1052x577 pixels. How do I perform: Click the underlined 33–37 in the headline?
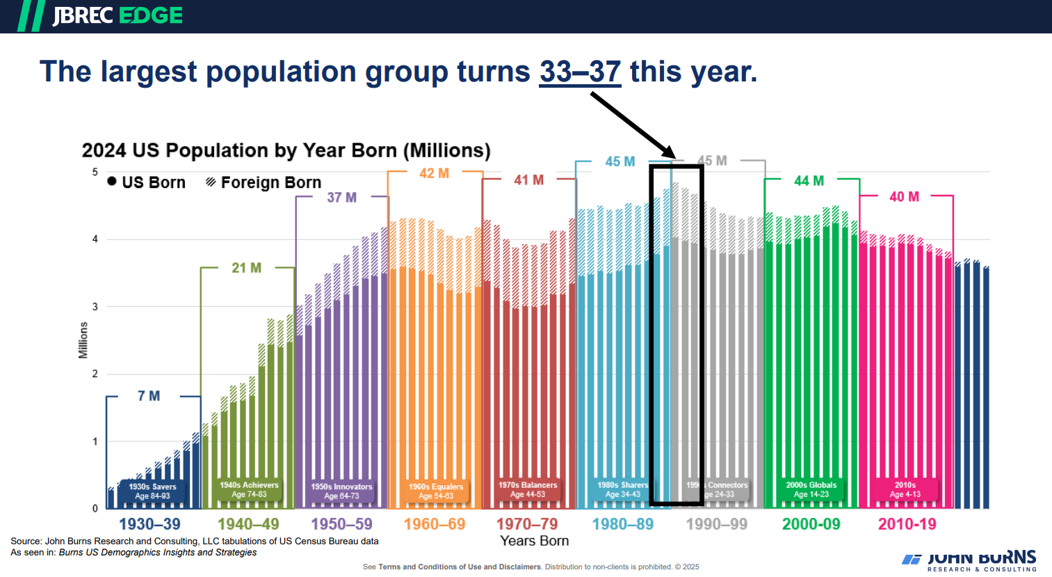[580, 72]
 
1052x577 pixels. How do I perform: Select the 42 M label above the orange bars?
[434, 173]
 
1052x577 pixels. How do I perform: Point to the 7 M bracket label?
[149, 396]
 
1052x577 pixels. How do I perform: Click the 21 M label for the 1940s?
[246, 268]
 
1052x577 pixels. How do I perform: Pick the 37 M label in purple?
[341, 198]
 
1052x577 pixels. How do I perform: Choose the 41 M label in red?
[528, 180]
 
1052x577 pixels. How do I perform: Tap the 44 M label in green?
[809, 181]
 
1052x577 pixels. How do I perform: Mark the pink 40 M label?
[904, 197]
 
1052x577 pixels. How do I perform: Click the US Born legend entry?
[147, 182]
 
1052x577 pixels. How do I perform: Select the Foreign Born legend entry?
[264, 182]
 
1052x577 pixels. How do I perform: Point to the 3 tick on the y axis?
[95, 306]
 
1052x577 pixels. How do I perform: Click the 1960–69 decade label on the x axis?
[435, 524]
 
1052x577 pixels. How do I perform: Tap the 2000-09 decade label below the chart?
[811, 524]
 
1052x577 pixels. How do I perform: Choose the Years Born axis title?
[534, 541]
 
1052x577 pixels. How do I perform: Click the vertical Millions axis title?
[83, 340]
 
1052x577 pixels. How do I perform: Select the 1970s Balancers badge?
[528, 489]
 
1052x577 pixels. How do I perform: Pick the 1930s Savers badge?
[152, 491]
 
